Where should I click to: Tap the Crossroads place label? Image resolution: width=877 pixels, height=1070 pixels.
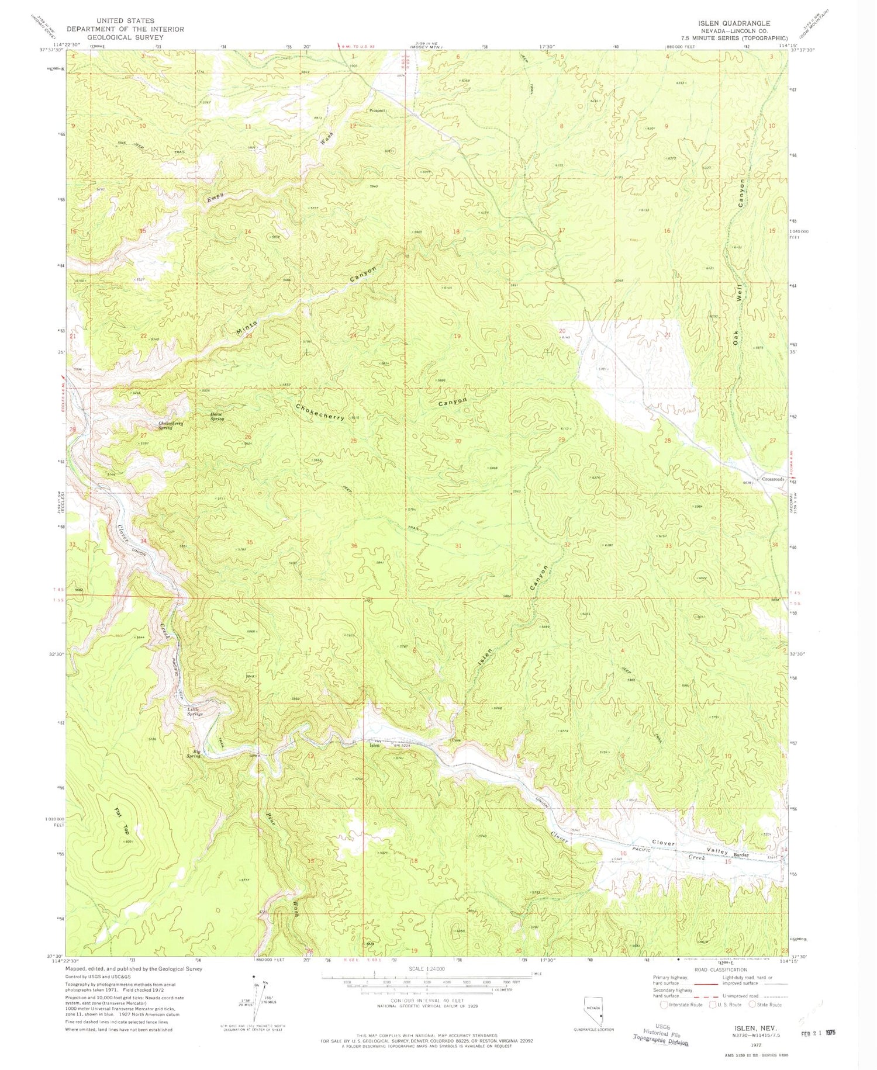click(772, 479)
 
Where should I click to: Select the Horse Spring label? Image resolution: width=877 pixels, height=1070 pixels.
click(217, 417)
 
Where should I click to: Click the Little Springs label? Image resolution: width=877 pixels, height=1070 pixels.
click(195, 712)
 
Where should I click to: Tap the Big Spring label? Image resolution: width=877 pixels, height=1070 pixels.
click(193, 753)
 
